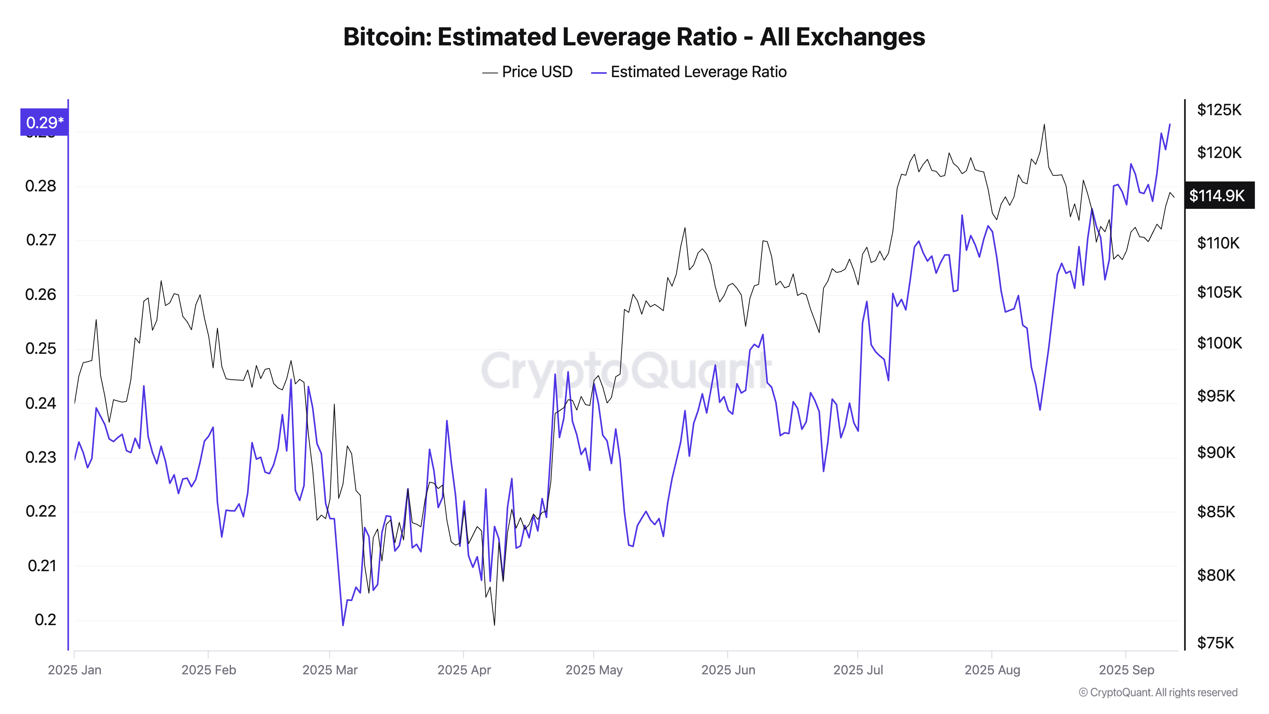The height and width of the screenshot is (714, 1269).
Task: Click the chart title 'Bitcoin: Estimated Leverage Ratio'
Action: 634,37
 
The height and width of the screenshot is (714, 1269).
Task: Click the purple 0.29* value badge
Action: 44,122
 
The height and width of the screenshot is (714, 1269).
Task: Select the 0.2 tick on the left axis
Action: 45,620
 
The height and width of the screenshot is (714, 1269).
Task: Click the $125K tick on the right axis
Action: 1219,109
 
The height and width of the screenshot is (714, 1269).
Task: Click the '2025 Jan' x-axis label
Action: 74,670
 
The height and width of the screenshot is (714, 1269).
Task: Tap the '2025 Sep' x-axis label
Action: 1126,670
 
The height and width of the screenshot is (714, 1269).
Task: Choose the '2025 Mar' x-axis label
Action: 330,670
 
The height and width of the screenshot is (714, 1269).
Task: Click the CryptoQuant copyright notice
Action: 1158,692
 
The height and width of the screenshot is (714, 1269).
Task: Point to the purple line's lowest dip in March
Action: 343,625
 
